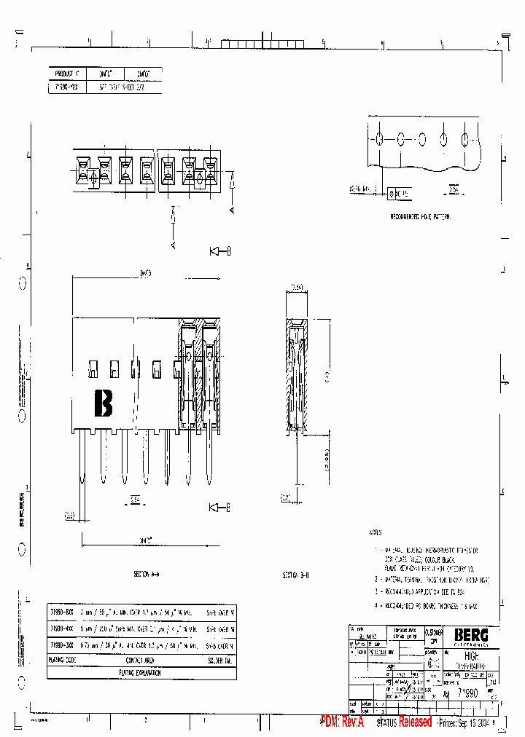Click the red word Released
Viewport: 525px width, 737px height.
point(415,722)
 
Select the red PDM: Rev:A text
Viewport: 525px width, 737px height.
point(342,722)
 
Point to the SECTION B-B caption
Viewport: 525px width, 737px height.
point(296,575)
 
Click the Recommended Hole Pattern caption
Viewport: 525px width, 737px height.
point(421,217)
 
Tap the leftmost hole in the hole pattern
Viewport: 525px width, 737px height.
point(381,139)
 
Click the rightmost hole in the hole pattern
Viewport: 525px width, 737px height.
point(465,139)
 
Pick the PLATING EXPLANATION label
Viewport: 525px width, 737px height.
point(132,672)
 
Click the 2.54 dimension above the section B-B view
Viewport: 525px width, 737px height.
point(297,288)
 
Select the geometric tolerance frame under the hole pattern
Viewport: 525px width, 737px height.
point(398,193)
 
